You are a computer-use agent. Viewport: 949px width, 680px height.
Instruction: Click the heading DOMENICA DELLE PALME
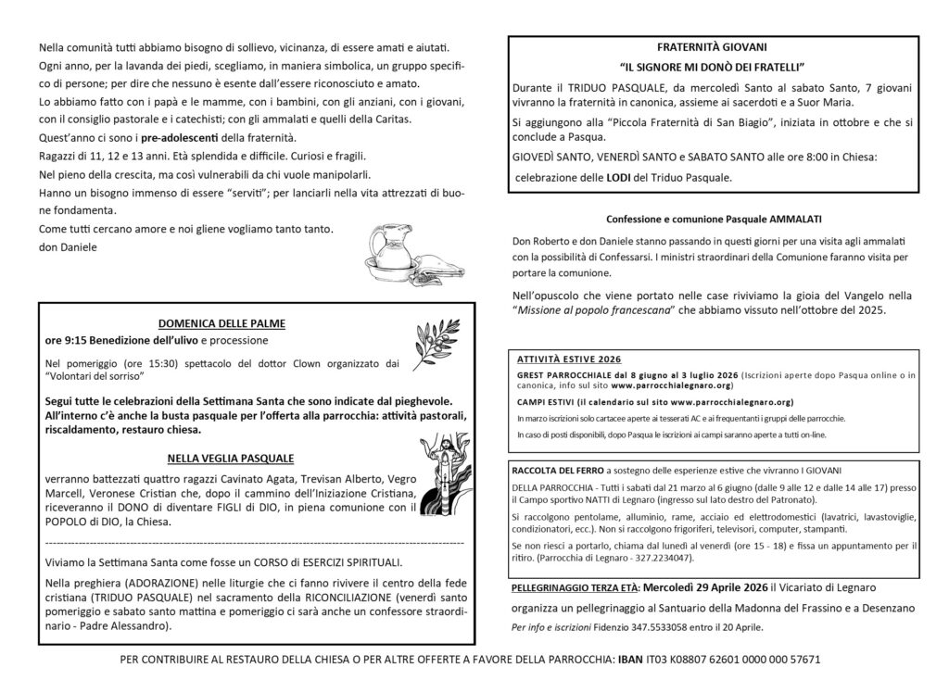click(x=221, y=323)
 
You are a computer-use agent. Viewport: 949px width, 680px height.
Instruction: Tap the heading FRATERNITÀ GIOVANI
click(x=712, y=47)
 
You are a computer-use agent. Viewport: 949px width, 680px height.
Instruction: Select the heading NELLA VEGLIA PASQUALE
click(x=231, y=458)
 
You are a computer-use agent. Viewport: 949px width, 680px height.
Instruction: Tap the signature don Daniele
click(x=68, y=248)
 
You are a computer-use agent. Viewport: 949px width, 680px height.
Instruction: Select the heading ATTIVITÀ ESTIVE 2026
click(x=569, y=358)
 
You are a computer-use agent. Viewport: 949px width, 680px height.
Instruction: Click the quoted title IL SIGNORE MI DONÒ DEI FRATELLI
click(x=711, y=68)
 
